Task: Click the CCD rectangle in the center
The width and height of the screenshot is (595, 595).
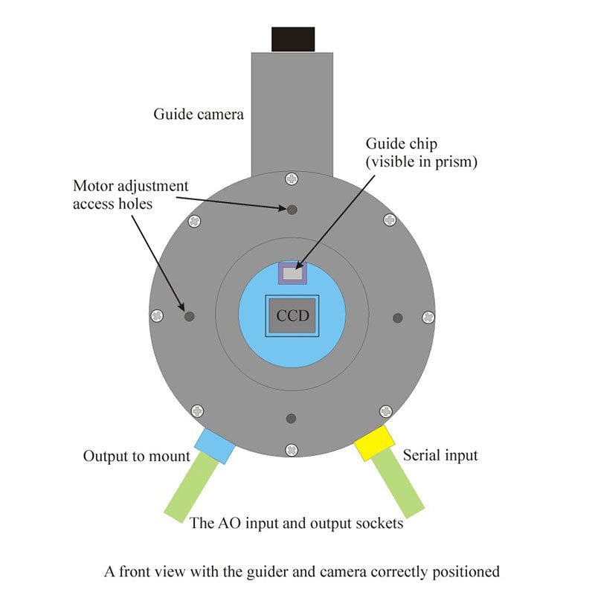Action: (x=292, y=315)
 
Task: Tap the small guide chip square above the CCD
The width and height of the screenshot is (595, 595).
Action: (x=293, y=274)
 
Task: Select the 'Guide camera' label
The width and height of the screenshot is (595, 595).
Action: (x=199, y=115)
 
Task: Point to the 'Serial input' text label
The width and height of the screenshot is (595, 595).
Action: (x=440, y=455)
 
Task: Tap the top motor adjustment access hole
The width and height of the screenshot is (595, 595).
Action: (x=292, y=210)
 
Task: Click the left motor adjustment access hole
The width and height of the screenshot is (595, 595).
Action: (x=189, y=316)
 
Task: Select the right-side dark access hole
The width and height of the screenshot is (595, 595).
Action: (x=398, y=318)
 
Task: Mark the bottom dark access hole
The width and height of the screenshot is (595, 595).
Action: (x=292, y=418)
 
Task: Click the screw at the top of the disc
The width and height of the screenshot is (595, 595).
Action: (x=292, y=178)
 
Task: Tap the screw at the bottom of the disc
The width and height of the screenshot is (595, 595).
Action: (x=292, y=448)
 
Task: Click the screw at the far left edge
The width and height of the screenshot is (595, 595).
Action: (x=156, y=315)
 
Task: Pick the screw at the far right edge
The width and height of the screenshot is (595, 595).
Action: (x=428, y=318)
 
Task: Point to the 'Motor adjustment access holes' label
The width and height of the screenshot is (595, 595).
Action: (x=130, y=193)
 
